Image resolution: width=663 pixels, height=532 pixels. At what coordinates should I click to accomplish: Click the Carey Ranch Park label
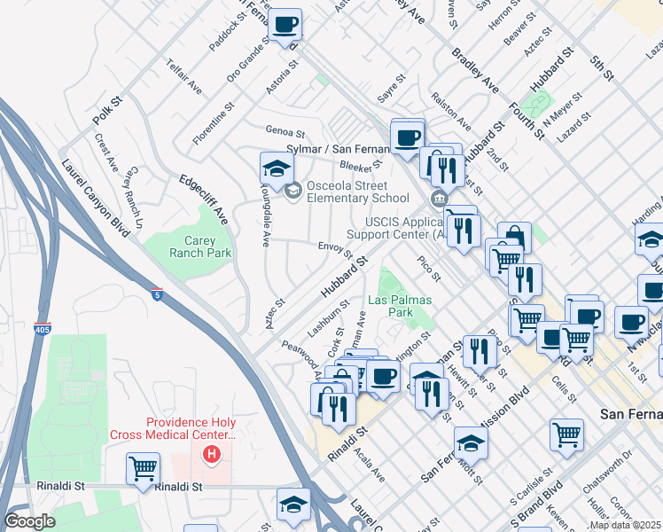coord(200,246)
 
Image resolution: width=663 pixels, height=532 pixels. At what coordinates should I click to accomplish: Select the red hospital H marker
coord(211,456)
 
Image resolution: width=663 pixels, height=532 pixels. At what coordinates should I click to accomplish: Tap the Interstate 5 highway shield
coord(156,294)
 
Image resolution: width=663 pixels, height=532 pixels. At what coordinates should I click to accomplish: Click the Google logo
coord(29,521)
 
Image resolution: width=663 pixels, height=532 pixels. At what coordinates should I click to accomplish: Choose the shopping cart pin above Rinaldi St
coord(143,467)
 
